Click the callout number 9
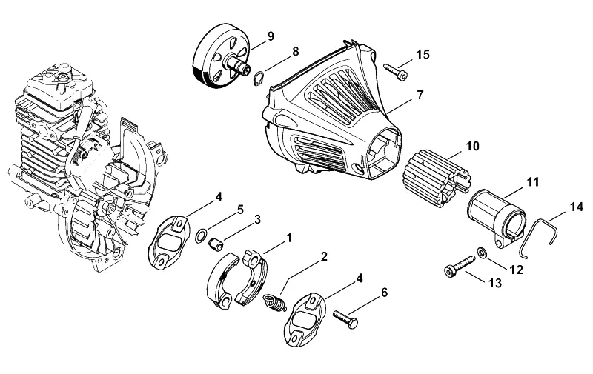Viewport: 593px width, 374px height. tap(270, 36)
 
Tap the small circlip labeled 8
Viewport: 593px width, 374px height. tap(259, 79)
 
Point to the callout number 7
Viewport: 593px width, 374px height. tap(420, 95)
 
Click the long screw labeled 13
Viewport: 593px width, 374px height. tap(459, 267)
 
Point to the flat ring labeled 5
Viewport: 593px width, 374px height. tap(200, 236)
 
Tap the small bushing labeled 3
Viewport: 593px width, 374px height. tap(216, 245)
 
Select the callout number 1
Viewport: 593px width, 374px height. tap(289, 238)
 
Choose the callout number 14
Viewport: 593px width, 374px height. tap(577, 207)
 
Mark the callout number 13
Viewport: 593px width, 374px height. tap(494, 283)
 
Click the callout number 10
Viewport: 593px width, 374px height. tap(472, 146)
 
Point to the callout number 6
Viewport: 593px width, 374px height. tap(384, 293)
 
